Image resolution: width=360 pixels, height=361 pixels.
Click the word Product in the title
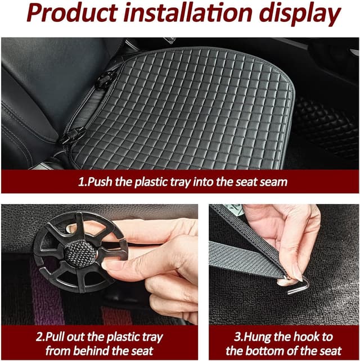(x=72, y=13)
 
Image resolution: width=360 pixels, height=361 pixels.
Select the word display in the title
(x=300, y=14)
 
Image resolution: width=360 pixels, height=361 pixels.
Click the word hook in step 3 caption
(x=304, y=337)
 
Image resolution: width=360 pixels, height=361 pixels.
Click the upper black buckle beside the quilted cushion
(x=106, y=79)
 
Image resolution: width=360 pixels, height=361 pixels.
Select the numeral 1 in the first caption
(x=82, y=182)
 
